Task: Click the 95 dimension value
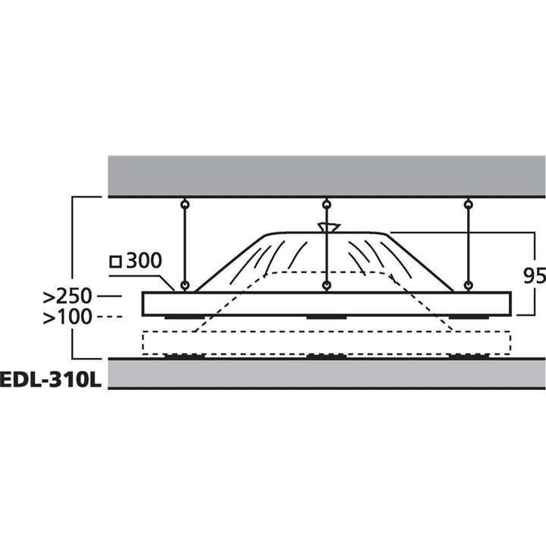535,276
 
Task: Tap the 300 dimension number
144,262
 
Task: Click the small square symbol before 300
116,262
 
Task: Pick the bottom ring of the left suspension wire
184,286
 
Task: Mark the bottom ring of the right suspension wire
468,286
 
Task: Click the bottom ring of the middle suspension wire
326,286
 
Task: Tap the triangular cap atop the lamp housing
328,227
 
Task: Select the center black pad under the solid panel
326,317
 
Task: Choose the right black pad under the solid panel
468,317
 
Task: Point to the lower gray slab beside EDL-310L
326,374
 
